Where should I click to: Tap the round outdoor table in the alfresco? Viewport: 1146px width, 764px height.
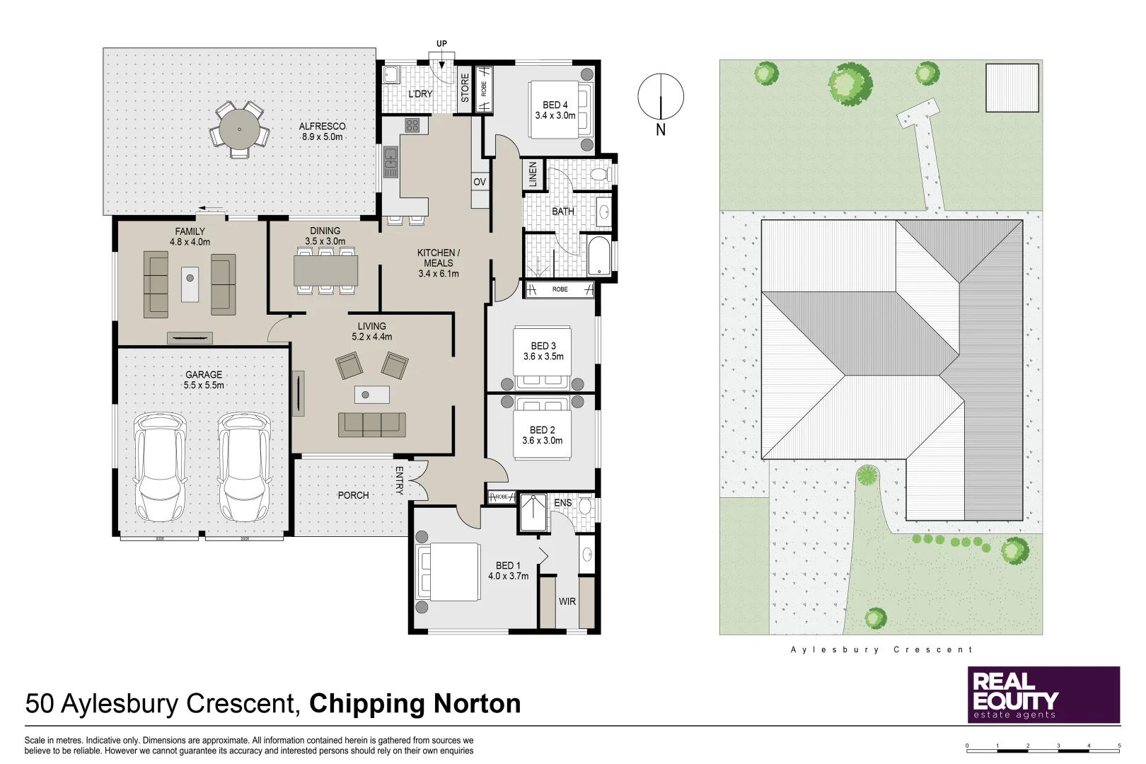(239, 129)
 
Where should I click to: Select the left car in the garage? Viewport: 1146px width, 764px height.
(161, 467)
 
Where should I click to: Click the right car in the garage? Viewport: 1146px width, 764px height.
(244, 467)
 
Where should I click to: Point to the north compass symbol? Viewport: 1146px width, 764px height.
(661, 97)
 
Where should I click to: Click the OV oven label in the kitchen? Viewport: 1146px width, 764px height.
(480, 182)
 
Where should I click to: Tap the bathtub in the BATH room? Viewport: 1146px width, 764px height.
(598, 256)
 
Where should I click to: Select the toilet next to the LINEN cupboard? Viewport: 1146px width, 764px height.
(598, 174)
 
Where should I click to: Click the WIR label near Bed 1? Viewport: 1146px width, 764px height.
(567, 601)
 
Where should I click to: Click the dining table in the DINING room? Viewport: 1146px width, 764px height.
(325, 270)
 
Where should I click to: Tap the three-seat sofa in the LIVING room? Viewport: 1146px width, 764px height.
(372, 424)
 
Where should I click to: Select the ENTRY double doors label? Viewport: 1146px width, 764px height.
(399, 480)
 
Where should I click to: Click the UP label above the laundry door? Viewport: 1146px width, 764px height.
(441, 44)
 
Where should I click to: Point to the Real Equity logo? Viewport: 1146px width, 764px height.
(1043, 695)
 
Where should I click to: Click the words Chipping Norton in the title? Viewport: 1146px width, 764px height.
(415, 704)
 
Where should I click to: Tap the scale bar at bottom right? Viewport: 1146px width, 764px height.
(1043, 747)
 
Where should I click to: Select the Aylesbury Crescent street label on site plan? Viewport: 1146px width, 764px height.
(881, 649)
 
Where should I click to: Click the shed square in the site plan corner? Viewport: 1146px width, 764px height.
(1012, 87)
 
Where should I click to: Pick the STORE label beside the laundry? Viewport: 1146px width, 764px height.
(465, 88)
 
